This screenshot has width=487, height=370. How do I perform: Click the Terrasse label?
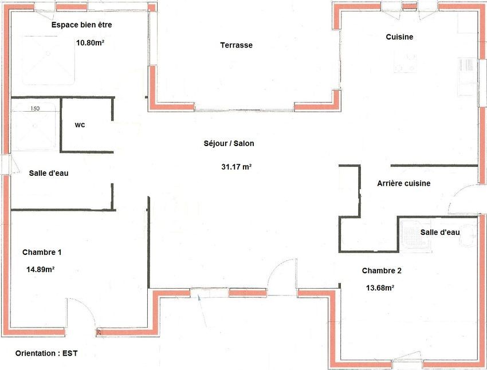237,45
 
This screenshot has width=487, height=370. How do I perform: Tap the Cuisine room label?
399,37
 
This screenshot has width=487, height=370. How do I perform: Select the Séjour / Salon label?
229,143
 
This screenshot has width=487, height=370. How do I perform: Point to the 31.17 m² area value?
237,167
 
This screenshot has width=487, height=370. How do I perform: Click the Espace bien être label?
82,25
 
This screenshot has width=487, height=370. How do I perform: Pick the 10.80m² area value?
90,43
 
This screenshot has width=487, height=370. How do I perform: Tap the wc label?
80,125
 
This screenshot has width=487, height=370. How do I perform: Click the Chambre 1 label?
42,253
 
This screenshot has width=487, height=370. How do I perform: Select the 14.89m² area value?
40,269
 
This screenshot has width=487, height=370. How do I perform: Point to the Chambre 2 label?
382,271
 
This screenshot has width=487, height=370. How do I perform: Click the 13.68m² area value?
380,288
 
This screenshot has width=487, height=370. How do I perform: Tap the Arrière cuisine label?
404,183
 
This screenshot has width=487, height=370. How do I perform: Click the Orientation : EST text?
46,353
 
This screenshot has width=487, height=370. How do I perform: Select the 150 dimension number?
35,108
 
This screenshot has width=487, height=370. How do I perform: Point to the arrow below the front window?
202,312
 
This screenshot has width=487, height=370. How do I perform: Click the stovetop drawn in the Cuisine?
405,62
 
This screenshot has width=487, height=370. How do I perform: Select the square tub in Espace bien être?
49,60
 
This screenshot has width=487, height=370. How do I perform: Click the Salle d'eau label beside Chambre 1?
49,173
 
